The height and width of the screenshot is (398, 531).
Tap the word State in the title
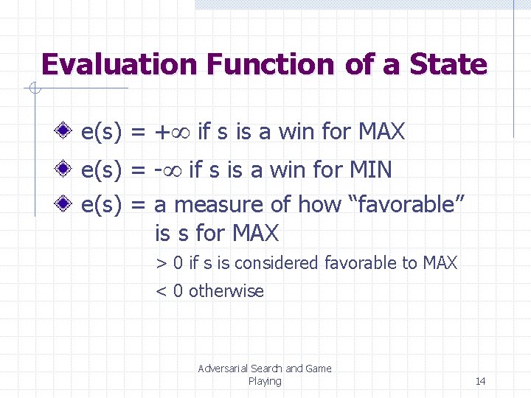point(446,65)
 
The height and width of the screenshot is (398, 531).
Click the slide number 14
point(480,381)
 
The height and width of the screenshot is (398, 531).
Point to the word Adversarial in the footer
point(223,369)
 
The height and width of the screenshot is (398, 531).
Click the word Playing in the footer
point(265,381)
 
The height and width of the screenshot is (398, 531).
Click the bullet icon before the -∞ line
point(65,170)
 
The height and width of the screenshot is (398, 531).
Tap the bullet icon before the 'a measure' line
point(65,204)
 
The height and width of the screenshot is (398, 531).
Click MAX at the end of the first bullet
point(381,132)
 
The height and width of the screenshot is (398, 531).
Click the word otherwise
point(226,291)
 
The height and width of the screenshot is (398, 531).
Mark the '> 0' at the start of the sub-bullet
point(169,263)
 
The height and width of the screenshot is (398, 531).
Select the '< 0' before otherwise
point(169,291)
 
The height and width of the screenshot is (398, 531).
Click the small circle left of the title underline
point(32,90)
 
